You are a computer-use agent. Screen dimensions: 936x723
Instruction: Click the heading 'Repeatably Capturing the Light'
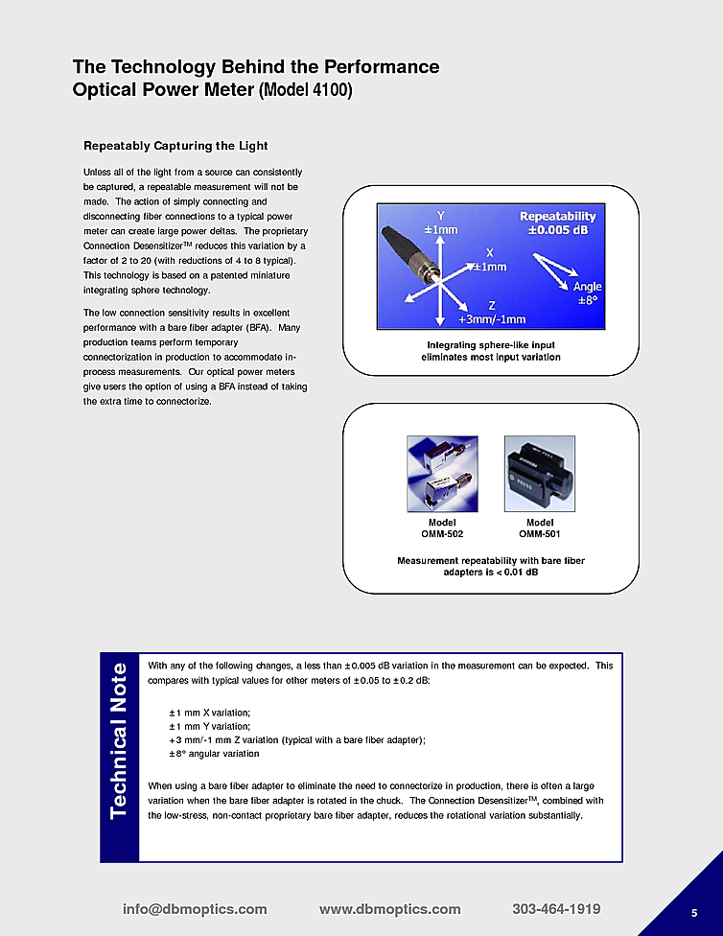coord(175,146)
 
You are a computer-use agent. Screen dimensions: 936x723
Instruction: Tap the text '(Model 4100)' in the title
coord(306,92)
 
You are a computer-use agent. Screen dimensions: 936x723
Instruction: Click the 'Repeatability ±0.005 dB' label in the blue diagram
coord(557,222)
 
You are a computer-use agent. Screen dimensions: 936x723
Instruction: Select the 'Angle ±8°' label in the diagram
coord(587,293)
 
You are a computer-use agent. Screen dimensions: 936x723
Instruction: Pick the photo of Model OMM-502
coord(442,474)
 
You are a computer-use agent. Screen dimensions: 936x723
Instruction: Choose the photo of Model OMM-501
coord(540,473)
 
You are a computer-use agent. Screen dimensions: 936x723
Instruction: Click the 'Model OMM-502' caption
coord(442,527)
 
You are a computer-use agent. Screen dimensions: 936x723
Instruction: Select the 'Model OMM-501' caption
coord(540,527)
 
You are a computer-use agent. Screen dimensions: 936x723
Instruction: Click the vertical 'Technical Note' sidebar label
coord(120,740)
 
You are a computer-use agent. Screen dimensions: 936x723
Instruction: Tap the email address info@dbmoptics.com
coord(195,909)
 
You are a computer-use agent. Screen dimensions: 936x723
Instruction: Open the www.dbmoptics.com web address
coord(389,909)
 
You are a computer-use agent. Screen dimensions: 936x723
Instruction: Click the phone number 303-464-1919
coord(556,909)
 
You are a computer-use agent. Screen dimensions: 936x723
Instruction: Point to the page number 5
coord(694,912)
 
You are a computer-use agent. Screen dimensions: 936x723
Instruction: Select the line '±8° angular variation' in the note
coord(214,754)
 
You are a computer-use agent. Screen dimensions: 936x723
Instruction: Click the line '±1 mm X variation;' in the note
coord(209,713)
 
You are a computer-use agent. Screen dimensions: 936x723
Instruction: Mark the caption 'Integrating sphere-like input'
coord(491,344)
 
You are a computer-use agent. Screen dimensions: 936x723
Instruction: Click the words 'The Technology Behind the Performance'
coord(256,67)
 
